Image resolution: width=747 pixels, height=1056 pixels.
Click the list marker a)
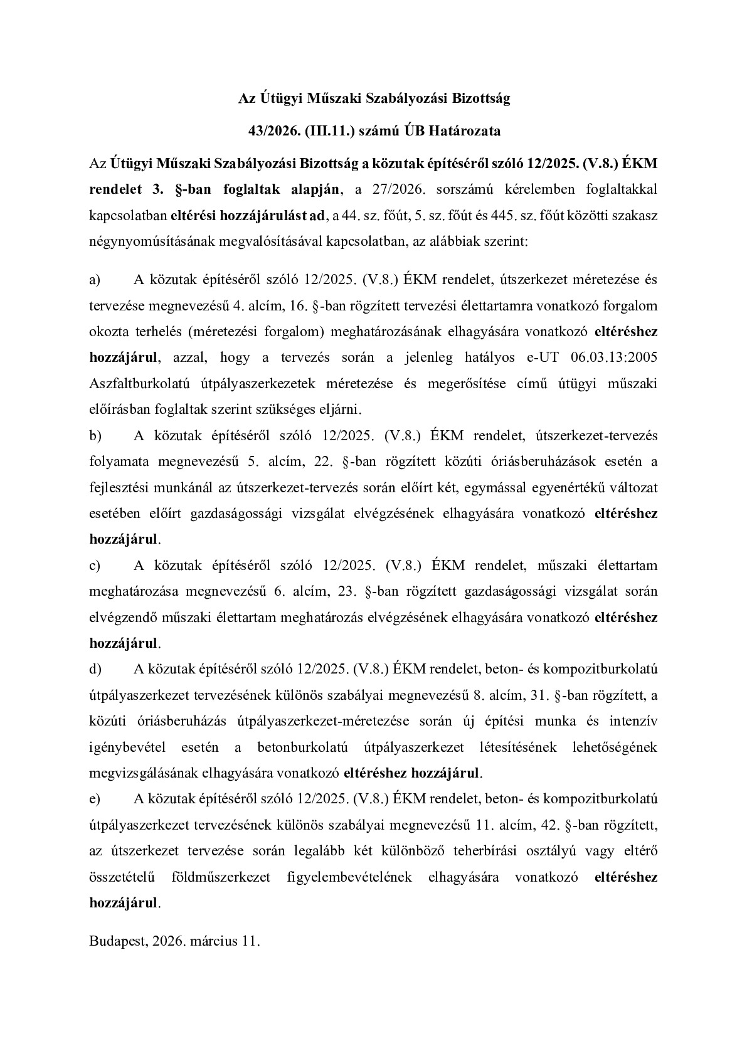pyautogui.click(x=95, y=280)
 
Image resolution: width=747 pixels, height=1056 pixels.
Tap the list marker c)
pyautogui.click(x=95, y=566)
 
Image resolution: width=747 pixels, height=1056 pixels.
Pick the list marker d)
pyautogui.click(x=95, y=669)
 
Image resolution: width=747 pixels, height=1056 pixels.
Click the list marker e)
pyautogui.click(x=95, y=799)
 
